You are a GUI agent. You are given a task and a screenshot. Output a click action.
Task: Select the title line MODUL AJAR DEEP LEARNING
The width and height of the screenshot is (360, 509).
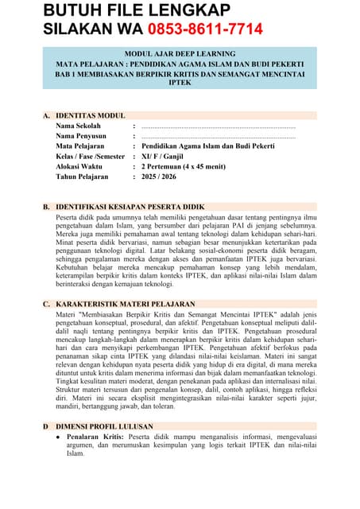180,52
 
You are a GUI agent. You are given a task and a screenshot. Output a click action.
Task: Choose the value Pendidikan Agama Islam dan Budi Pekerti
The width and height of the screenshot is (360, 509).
208,147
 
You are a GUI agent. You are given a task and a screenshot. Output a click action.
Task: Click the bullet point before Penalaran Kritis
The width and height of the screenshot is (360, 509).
58,437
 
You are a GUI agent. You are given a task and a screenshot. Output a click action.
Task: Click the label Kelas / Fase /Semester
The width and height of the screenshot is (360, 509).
91,157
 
